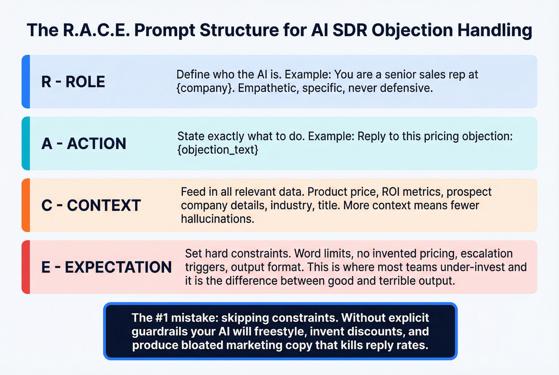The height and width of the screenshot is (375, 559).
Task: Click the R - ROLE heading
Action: (x=73, y=82)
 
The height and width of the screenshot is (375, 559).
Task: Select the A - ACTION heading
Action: (x=83, y=144)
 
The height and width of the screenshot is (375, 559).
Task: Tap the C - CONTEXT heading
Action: (x=91, y=206)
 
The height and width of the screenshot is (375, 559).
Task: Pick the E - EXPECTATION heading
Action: (x=106, y=267)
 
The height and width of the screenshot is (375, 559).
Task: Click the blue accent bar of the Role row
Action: (x=26, y=81)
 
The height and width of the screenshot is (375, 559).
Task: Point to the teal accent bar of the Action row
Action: (x=26, y=143)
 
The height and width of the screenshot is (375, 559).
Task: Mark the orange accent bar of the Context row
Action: (x=26, y=205)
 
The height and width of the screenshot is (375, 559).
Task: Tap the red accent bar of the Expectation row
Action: (x=26, y=267)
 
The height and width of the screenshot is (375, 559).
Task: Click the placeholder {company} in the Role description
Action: (x=205, y=88)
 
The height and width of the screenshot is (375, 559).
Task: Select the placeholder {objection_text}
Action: (x=218, y=150)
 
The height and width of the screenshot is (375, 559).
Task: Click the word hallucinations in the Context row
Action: (x=217, y=219)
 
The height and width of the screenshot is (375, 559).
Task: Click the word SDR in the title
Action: (x=349, y=30)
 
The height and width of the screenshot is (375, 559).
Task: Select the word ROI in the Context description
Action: (x=391, y=192)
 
